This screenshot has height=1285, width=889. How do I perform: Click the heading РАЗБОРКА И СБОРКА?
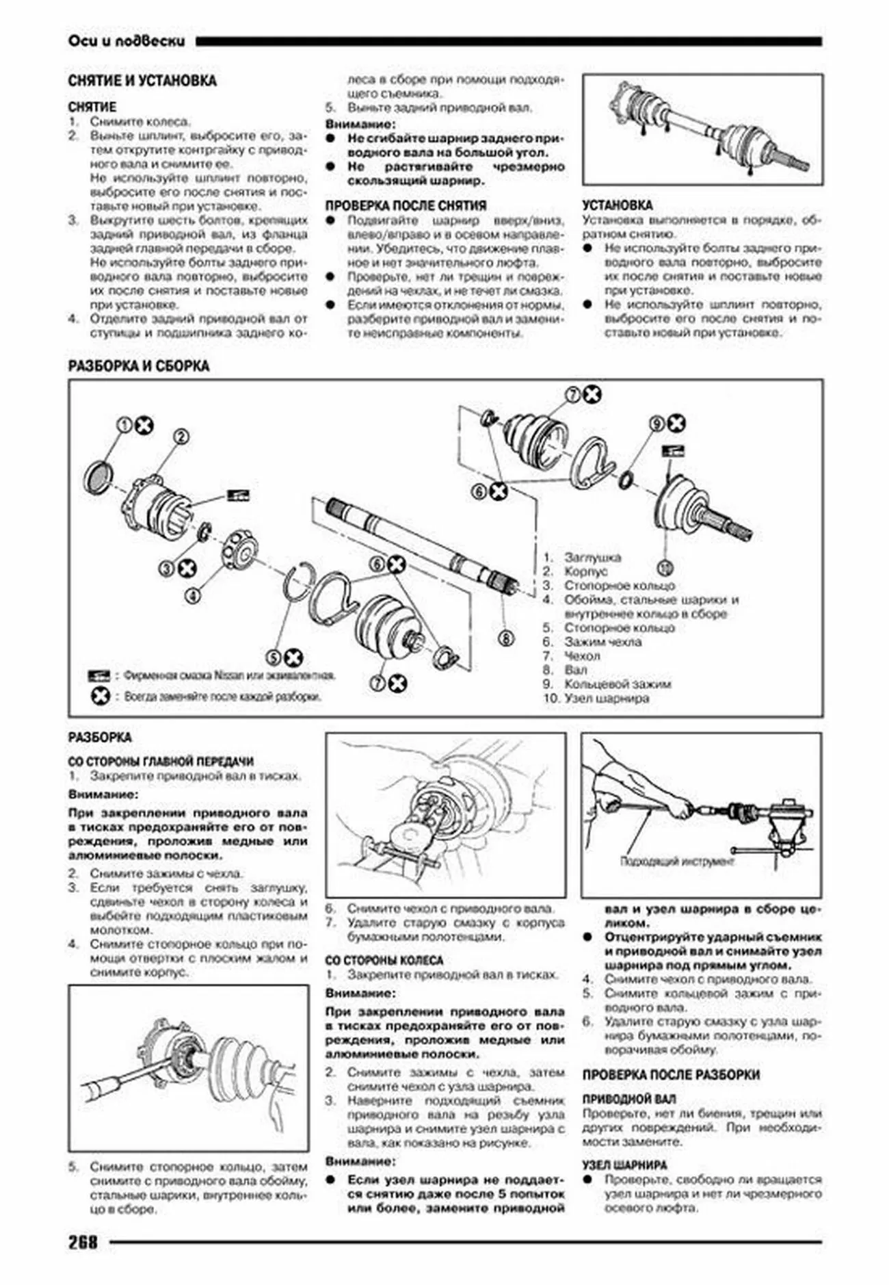(x=138, y=366)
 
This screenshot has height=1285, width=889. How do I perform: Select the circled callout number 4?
(x=194, y=596)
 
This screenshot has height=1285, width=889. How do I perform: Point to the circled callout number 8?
(x=505, y=638)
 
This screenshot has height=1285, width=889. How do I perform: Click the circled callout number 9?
(x=656, y=424)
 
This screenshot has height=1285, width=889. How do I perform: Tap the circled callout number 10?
(x=665, y=568)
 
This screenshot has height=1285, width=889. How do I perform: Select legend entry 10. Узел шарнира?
(x=596, y=699)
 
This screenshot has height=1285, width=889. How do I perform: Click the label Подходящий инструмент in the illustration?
(x=677, y=861)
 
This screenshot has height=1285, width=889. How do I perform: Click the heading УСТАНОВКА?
(x=617, y=205)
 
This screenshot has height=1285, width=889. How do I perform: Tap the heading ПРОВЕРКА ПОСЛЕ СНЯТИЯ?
(x=406, y=205)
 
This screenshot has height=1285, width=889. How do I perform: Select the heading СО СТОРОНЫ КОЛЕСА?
(x=384, y=960)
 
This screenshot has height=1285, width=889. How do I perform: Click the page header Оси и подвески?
(x=127, y=41)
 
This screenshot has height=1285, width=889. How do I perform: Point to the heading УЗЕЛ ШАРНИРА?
(x=624, y=1165)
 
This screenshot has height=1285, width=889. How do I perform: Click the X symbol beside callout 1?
(x=144, y=426)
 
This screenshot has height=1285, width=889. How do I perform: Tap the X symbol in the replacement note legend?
(x=100, y=697)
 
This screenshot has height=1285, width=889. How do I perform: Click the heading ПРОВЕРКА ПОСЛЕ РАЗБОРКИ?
(x=671, y=1075)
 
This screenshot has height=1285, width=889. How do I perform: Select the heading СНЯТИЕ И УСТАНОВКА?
(x=142, y=81)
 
